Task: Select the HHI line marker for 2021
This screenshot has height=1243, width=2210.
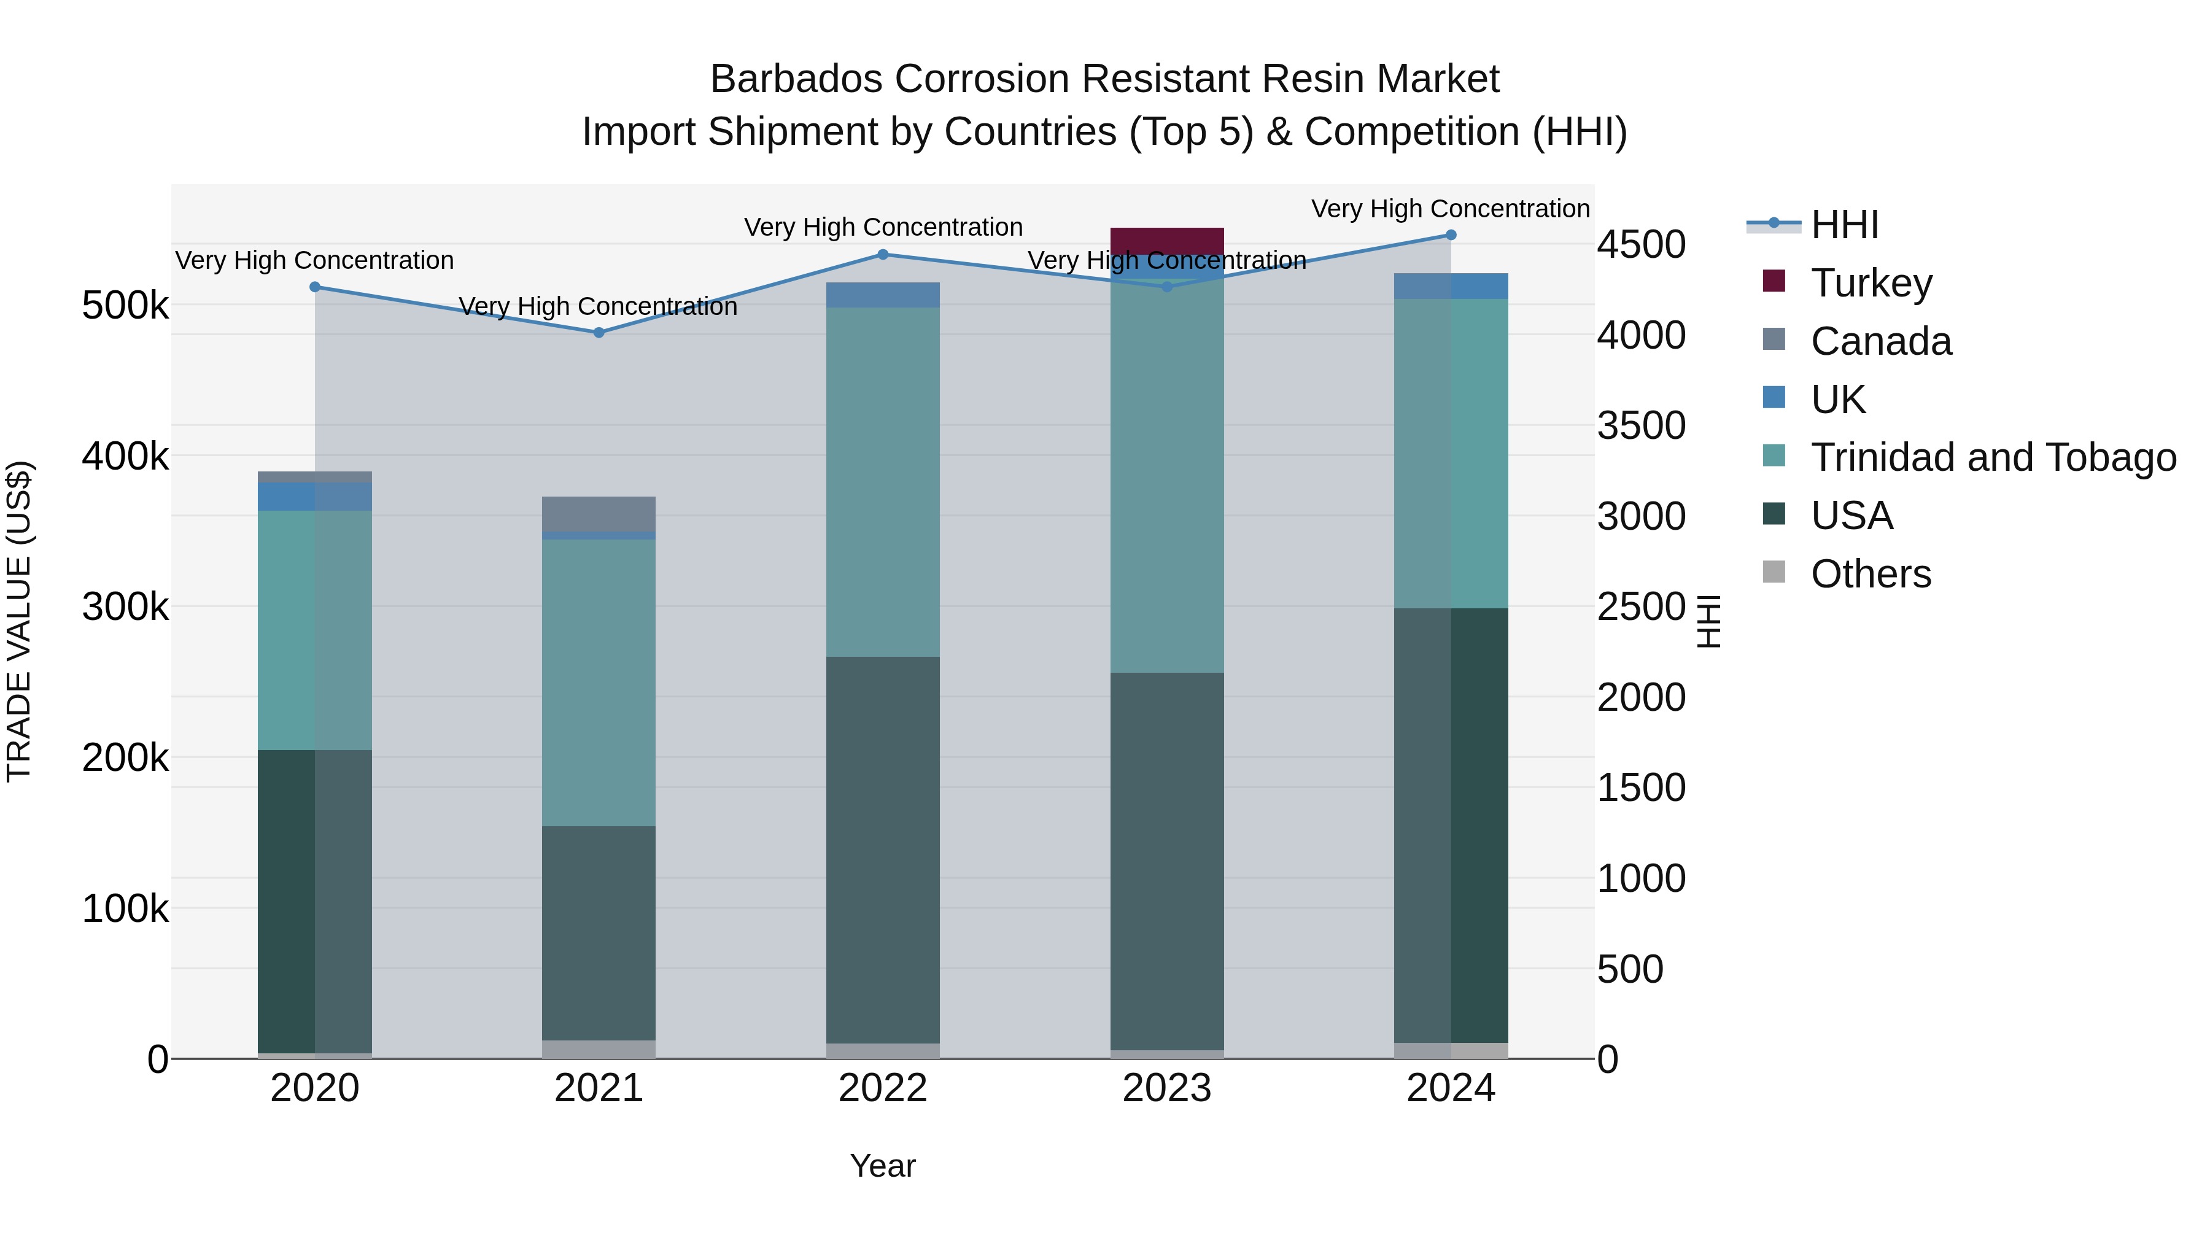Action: pyautogui.click(x=599, y=332)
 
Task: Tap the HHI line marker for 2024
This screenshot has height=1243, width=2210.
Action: pyautogui.click(x=1451, y=235)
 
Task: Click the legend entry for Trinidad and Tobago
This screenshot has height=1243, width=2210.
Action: pyautogui.click(x=1993, y=457)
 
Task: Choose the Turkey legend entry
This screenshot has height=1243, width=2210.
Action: pyautogui.click(x=1871, y=283)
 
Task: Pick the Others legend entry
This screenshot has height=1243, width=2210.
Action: pyautogui.click(x=1871, y=574)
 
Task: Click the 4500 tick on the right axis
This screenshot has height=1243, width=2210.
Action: pyautogui.click(x=1640, y=244)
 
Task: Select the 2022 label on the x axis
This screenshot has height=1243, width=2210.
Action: pyautogui.click(x=883, y=1088)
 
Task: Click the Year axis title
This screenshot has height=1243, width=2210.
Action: pyautogui.click(x=883, y=1166)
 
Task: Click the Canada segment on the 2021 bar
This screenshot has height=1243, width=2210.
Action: pyautogui.click(x=599, y=513)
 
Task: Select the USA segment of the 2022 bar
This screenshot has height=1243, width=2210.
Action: pyautogui.click(x=883, y=850)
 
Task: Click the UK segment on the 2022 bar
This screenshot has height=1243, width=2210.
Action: pyautogui.click(x=883, y=294)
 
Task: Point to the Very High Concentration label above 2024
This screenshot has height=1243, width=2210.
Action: pyautogui.click(x=1450, y=209)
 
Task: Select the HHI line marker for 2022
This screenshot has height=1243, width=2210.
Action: pyautogui.click(x=883, y=254)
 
